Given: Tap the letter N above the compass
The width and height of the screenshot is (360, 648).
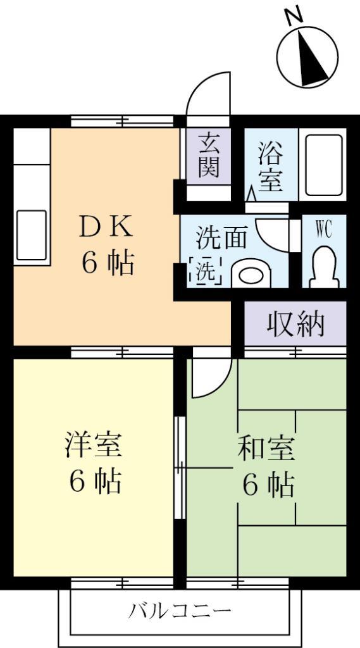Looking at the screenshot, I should [x=294, y=15].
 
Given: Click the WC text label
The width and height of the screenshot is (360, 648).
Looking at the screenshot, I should [x=323, y=230].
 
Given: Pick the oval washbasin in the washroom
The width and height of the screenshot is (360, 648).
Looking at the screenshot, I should [x=251, y=275].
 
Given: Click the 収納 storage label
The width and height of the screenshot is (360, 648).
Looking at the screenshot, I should [x=295, y=323].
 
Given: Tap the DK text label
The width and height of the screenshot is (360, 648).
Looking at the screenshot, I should [x=106, y=227].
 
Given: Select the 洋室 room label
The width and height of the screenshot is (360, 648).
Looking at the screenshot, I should [x=94, y=445].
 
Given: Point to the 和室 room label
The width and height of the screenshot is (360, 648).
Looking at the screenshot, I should [x=266, y=449].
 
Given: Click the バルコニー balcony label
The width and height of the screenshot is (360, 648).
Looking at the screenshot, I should [x=180, y=611].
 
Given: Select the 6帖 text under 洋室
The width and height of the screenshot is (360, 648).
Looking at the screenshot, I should [x=95, y=482].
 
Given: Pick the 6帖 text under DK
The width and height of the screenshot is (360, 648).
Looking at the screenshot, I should [x=107, y=263].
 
